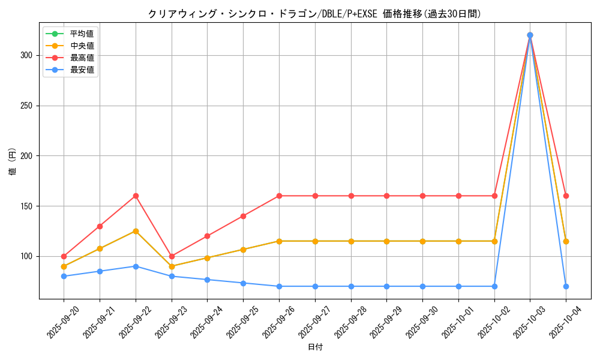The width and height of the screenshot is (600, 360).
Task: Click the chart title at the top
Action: pos(314,14)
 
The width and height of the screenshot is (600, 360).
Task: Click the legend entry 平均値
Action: pos(82,34)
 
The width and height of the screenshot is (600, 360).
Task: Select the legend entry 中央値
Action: pos(82,46)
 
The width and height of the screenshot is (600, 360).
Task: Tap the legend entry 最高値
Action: pos(82,58)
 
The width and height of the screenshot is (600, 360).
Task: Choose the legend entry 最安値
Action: pos(82,70)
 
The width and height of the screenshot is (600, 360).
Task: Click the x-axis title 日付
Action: pos(314,347)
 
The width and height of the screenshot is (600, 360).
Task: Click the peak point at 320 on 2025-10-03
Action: pos(530,35)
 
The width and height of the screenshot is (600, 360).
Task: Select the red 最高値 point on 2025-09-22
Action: pos(136,196)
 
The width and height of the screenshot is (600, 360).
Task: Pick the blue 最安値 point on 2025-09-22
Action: pos(136,266)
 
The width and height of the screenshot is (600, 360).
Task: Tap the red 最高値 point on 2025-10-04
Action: pos(566,196)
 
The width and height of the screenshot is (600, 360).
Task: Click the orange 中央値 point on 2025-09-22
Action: pos(136,231)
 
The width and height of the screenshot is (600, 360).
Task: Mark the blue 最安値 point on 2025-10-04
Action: pos(566,286)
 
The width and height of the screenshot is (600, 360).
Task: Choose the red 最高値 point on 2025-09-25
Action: pos(243,216)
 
